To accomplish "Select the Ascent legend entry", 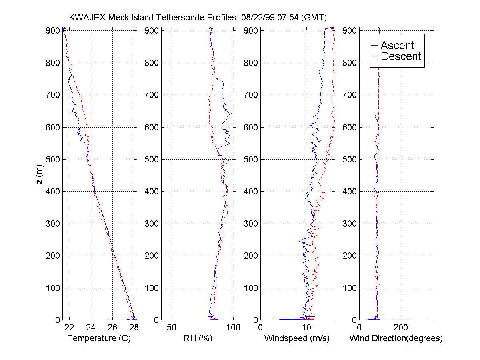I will point(397,46).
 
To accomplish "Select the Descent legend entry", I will point(401,56).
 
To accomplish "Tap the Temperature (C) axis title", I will point(99,338).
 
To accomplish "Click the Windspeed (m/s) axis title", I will point(297,338).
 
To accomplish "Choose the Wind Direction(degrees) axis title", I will point(396,338).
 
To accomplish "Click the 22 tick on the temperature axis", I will point(69,327).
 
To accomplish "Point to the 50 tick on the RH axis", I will point(172,327).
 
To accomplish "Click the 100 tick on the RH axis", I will point(233,327).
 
